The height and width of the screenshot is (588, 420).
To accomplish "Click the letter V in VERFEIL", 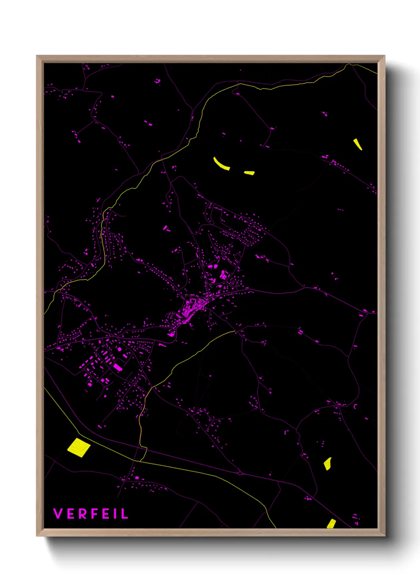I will tap(58, 514).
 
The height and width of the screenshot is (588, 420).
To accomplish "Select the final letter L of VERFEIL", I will tap(125, 514).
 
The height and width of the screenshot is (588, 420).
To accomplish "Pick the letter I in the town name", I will tap(116, 514).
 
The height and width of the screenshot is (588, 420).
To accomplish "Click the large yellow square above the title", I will tap(79, 448).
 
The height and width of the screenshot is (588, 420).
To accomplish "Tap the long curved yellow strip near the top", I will tap(221, 164).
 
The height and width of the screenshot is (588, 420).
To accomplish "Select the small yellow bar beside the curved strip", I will tap(249, 173).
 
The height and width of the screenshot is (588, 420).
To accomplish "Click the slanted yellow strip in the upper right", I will tap(358, 144).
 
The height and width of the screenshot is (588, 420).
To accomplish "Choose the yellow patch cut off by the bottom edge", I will tap(331, 524).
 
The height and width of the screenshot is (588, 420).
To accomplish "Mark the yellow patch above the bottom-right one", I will tap(328, 464).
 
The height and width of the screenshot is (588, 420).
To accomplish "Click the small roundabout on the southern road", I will tap(240, 473).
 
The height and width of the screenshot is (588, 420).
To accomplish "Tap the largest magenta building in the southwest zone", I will tap(118, 367).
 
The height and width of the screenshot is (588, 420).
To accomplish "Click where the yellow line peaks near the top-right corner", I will tap(349, 64).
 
